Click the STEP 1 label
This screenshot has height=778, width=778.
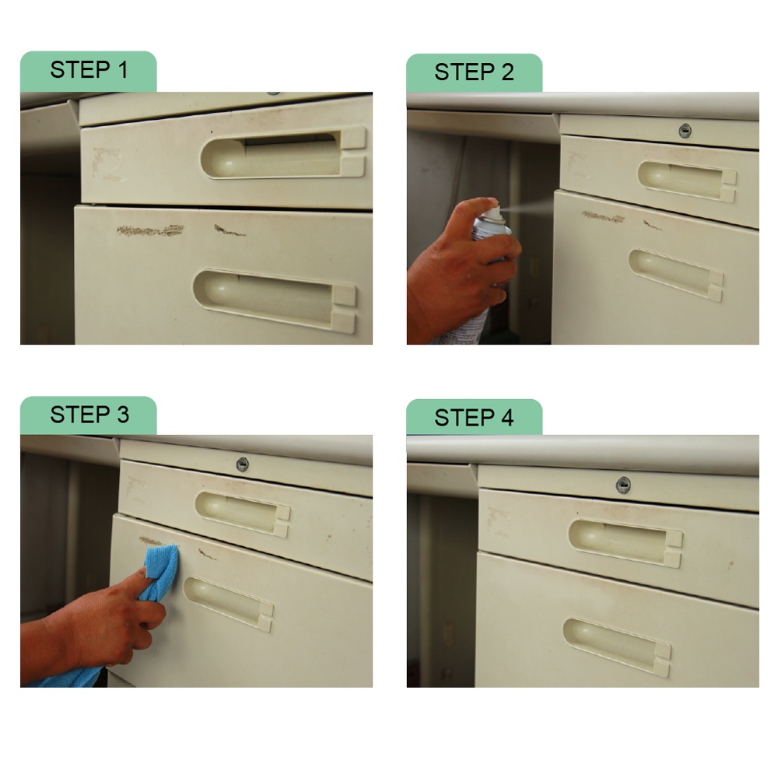[89, 69]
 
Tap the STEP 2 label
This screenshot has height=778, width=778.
[474, 72]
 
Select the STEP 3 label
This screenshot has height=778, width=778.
[89, 415]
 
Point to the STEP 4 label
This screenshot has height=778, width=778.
[474, 418]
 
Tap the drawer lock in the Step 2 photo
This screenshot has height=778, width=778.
[685, 131]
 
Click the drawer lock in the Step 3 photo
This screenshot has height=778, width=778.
[242, 465]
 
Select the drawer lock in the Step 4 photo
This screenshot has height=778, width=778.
[623, 485]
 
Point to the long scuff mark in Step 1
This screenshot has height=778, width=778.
[150, 230]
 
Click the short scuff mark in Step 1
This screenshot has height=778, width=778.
[228, 230]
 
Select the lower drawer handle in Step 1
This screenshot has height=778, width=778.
[275, 300]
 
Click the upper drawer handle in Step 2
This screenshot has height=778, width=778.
[687, 180]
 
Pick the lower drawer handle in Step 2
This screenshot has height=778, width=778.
[676, 275]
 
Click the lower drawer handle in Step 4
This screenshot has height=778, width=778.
[617, 646]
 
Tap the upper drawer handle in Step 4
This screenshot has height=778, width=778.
[626, 543]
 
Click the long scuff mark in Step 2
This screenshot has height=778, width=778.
[603, 217]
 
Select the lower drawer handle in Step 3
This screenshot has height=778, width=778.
[228, 604]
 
